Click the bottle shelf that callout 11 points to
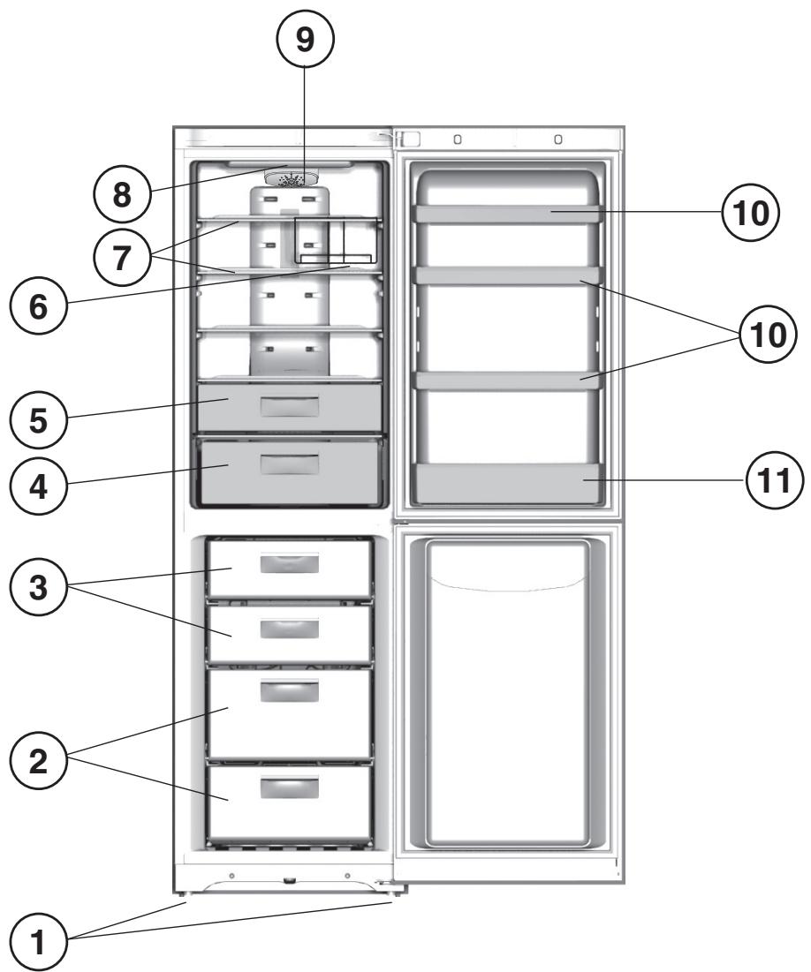click(510, 484)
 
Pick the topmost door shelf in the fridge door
click(510, 213)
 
